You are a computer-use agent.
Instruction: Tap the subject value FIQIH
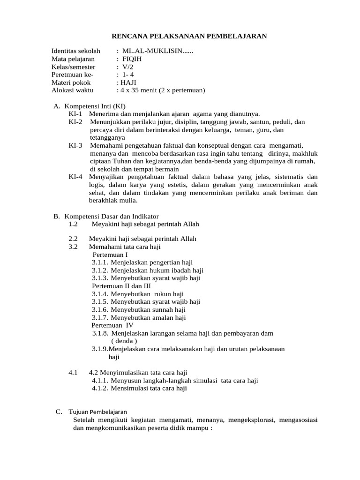pyautogui.click(x=132, y=59)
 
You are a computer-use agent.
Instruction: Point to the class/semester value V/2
pyautogui.click(x=127, y=67)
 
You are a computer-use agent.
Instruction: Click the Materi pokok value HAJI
pyautogui.click(x=128, y=82)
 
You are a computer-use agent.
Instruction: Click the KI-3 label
pyautogui.click(x=75, y=145)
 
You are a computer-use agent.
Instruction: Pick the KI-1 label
pyautogui.click(x=75, y=114)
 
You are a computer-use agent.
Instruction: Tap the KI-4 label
pyautogui.click(x=75, y=177)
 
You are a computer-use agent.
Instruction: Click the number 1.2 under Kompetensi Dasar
pyautogui.click(x=73, y=224)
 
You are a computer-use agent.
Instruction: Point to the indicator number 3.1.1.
pyautogui.click(x=100, y=262)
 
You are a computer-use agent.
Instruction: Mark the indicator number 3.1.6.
pyautogui.click(x=100, y=310)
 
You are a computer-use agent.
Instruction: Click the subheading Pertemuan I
pyautogui.click(x=111, y=255)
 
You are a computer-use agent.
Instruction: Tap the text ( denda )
pyautogui.click(x=124, y=341)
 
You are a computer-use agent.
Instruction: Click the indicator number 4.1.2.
pyautogui.click(x=100, y=389)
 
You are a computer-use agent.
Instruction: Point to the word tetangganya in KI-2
pyautogui.click(x=107, y=138)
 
